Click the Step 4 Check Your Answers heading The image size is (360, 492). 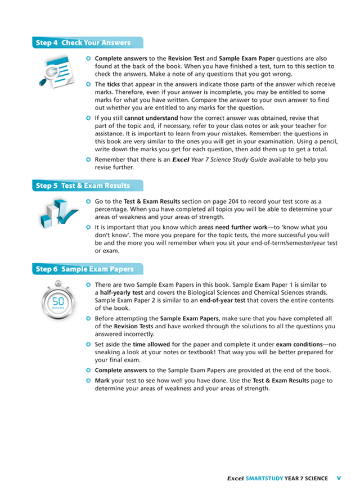[x=83, y=43]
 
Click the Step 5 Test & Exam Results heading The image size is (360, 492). [x=83, y=186]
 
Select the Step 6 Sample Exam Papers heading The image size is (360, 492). [x=85, y=269]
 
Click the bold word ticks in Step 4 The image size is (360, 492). [x=114, y=84]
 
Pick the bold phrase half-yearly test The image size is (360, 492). [x=121, y=293]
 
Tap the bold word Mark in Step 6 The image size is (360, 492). [x=102, y=380]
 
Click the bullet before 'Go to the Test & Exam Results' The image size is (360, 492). [x=89, y=201]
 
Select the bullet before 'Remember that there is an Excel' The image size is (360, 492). [x=89, y=159]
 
